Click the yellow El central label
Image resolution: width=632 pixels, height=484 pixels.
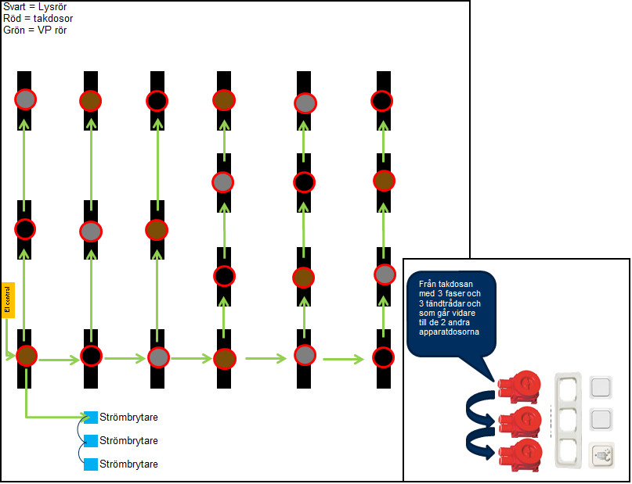(x=7, y=300)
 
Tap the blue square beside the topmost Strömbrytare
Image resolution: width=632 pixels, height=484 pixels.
(x=90, y=417)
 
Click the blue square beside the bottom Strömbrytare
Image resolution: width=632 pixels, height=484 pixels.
(x=90, y=464)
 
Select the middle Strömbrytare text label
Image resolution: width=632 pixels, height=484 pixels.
(x=128, y=440)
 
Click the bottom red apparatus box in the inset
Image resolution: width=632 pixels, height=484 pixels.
(x=518, y=454)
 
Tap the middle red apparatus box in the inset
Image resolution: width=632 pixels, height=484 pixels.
(x=518, y=420)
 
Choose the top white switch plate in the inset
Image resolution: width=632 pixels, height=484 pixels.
(x=601, y=387)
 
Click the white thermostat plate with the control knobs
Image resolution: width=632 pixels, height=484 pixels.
(x=601, y=454)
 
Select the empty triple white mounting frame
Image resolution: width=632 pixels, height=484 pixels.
(x=567, y=420)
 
